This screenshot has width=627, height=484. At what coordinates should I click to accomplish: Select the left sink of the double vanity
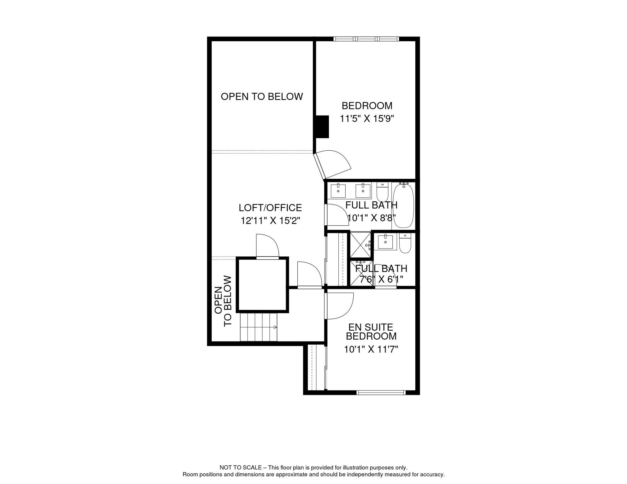pyautogui.click(x=338, y=191)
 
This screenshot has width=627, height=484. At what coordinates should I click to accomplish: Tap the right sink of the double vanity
pyautogui.click(x=363, y=191)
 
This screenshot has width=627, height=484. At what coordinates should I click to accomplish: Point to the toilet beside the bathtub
pyautogui.click(x=383, y=192)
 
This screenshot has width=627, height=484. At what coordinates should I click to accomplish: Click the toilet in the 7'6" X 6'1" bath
pyautogui.click(x=405, y=243)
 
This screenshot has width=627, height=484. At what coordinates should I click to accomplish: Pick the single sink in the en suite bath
pyautogui.click(x=385, y=242)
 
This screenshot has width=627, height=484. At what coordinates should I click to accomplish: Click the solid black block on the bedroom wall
pyautogui.click(x=322, y=127)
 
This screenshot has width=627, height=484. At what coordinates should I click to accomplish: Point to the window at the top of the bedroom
pyautogui.click(x=366, y=39)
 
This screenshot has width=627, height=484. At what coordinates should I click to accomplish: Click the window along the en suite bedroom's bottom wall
pyautogui.click(x=381, y=393)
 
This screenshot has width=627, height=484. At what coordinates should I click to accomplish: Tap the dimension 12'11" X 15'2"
pyautogui.click(x=270, y=221)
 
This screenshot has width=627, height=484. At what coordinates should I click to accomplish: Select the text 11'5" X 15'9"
pyautogui.click(x=367, y=119)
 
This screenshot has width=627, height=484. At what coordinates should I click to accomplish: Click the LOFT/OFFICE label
pyautogui.click(x=270, y=208)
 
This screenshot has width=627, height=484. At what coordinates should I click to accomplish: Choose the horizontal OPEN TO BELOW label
pyautogui.click(x=262, y=96)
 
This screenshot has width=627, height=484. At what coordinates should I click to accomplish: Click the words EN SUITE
pyautogui.click(x=371, y=327)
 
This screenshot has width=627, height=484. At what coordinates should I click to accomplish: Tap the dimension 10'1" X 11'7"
pyautogui.click(x=371, y=349)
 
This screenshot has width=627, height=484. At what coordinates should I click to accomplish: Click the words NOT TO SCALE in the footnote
pyautogui.click(x=241, y=468)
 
